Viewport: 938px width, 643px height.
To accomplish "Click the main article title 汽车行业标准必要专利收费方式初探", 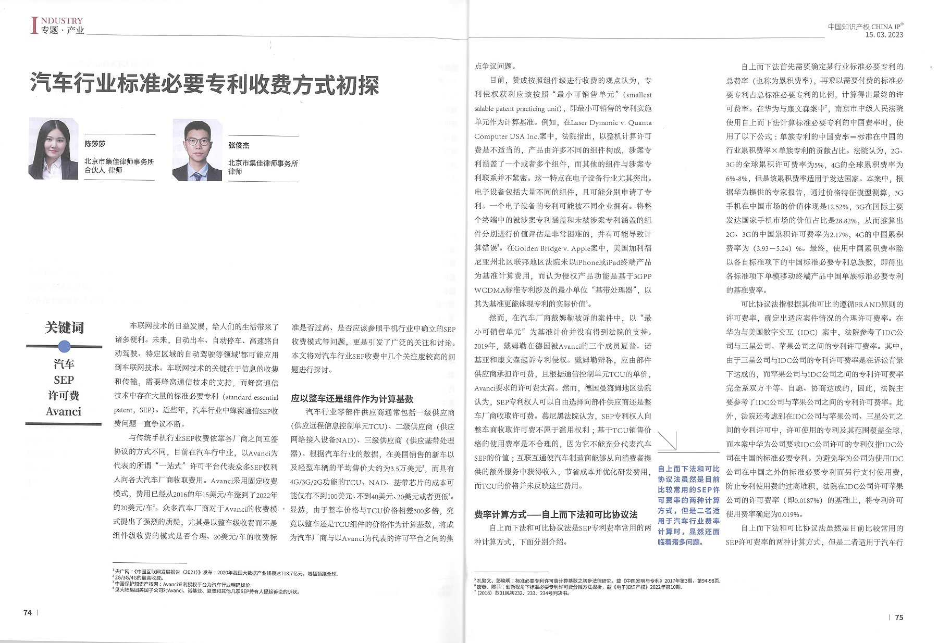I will [204, 84].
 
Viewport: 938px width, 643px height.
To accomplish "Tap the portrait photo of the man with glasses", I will [197, 150].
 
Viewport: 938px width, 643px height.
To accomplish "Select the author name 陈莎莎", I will [95, 144].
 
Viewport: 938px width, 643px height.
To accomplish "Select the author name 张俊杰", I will [239, 145].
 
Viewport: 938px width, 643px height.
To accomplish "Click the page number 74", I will [28, 612].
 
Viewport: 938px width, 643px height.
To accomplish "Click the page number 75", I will [899, 617].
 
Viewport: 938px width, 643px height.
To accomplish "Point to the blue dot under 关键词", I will [64, 346].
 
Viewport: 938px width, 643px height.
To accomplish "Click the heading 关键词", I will [64, 327].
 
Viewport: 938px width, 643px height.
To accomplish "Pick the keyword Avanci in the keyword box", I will [64, 412].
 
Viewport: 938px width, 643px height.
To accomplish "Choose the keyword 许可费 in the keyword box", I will [64, 396].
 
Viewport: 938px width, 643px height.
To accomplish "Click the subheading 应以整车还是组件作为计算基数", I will [352, 399].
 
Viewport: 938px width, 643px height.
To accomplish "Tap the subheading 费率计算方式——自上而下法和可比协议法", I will [556, 514].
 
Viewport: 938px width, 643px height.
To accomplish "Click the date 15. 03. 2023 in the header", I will [884, 35].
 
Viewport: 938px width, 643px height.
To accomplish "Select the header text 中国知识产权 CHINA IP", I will [865, 27].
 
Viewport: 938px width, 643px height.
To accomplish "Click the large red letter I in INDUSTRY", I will [34, 26].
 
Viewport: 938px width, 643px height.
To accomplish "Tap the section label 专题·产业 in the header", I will [63, 30].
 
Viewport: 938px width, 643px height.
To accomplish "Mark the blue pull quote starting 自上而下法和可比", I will [688, 505].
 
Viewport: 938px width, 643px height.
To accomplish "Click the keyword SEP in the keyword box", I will [64, 380].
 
